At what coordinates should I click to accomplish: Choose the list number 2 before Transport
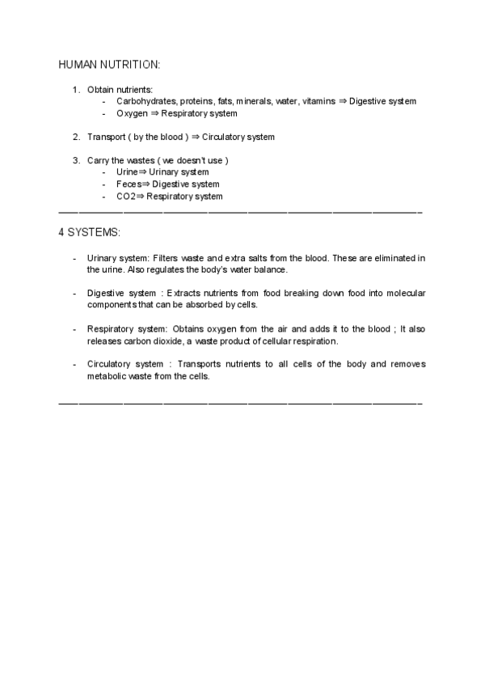[x=76, y=137]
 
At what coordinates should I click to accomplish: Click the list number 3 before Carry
[x=76, y=160]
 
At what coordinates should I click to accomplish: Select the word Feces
[x=129, y=184]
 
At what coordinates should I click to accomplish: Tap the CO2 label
[x=126, y=196]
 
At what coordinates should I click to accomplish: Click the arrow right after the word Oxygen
[x=154, y=113]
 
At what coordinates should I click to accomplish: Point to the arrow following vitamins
[x=343, y=101]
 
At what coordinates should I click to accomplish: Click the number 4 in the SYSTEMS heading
[x=61, y=232]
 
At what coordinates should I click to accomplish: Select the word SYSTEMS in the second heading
[x=94, y=232]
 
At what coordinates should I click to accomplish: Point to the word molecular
[x=405, y=293]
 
